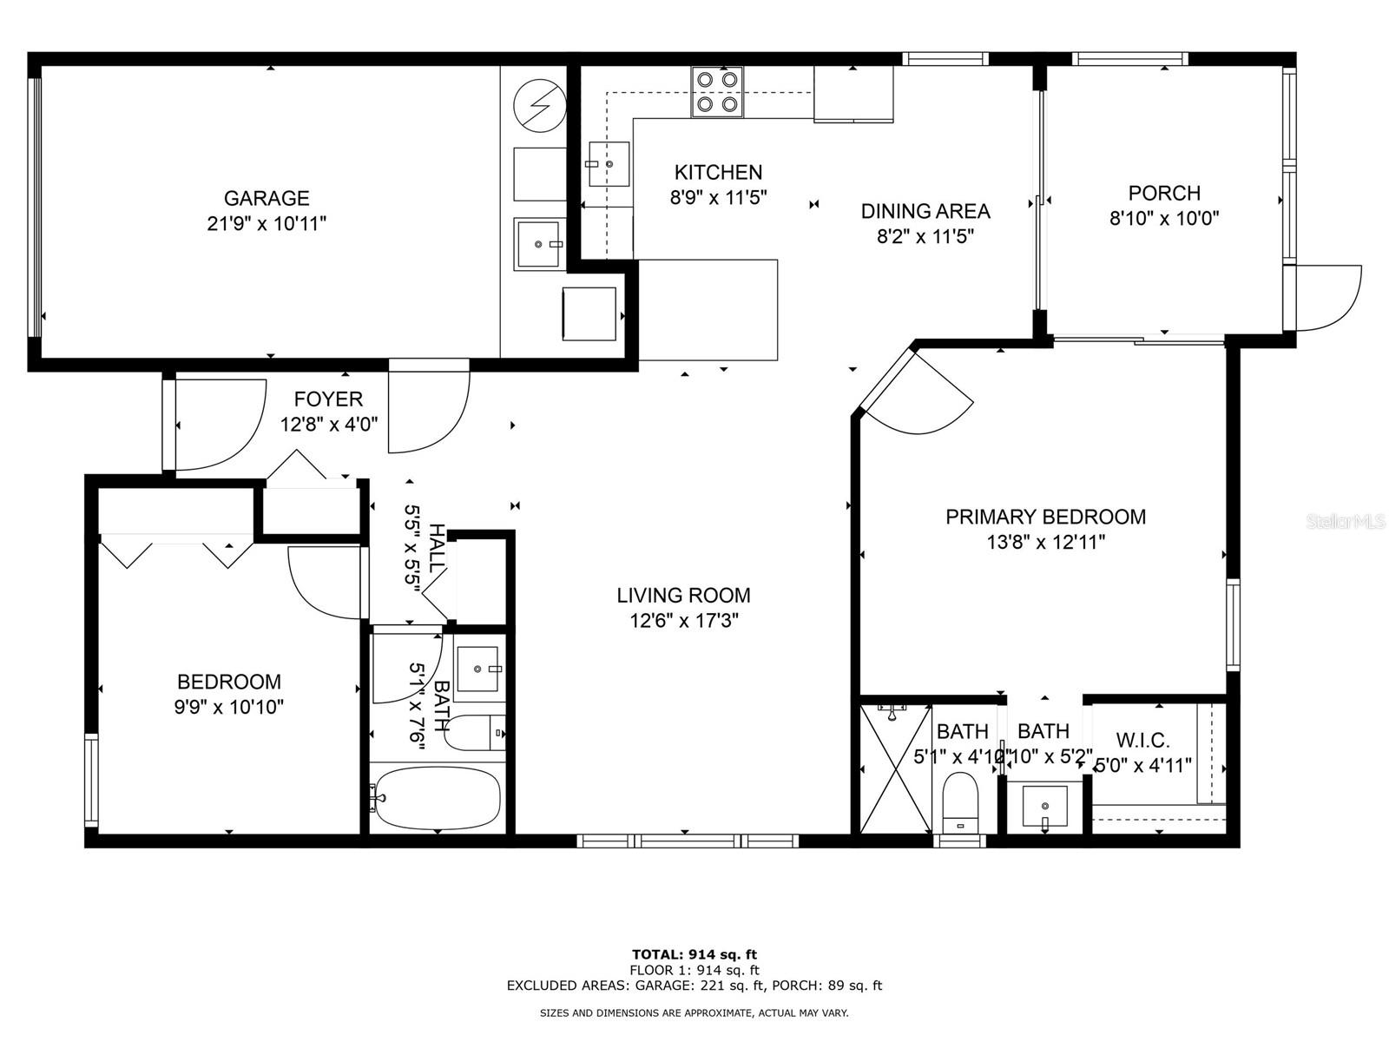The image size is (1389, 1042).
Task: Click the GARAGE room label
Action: pyautogui.click(x=267, y=199)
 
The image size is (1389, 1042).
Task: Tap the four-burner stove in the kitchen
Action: pyautogui.click(x=717, y=92)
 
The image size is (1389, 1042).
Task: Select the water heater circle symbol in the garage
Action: pyautogui.click(x=540, y=106)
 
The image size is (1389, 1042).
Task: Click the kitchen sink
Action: pyautogui.click(x=609, y=164)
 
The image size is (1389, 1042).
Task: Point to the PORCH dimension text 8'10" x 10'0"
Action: pyautogui.click(x=1164, y=218)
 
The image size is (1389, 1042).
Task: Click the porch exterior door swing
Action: pyautogui.click(x=1326, y=298)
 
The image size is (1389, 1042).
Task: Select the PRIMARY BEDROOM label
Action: pyautogui.click(x=1045, y=517)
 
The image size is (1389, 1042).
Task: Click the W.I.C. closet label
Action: pyautogui.click(x=1142, y=741)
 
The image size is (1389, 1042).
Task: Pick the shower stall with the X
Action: pyautogui.click(x=895, y=768)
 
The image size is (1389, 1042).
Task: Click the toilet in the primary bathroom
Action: pyautogui.click(x=959, y=801)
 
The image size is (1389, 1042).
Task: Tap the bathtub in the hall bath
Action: pyautogui.click(x=437, y=797)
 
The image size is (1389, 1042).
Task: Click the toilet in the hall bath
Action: pyautogui.click(x=473, y=733)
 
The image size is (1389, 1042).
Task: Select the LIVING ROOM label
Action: pyautogui.click(x=683, y=596)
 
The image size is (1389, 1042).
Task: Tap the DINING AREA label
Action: pyautogui.click(x=925, y=211)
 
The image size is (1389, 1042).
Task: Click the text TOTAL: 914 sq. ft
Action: pyautogui.click(x=694, y=955)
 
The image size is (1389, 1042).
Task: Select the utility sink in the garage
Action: pyautogui.click(x=538, y=244)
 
